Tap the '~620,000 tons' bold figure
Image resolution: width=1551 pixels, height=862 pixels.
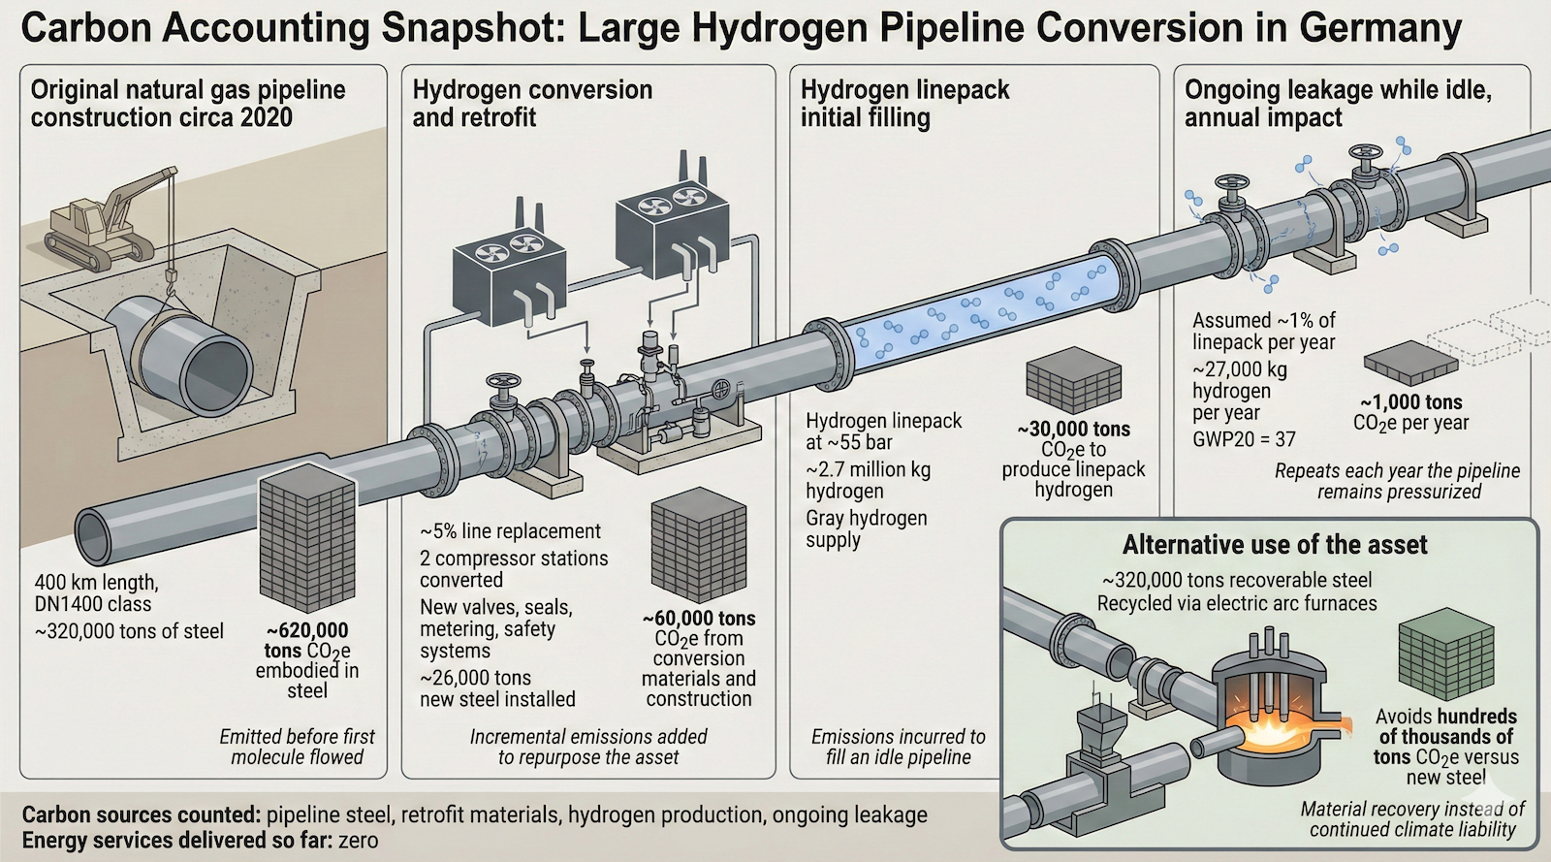coord(306,630)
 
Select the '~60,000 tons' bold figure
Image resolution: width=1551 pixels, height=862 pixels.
coord(698,619)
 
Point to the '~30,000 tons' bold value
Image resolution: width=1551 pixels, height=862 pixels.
coord(1073,429)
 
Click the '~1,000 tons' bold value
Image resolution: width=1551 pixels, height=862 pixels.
coord(1410,402)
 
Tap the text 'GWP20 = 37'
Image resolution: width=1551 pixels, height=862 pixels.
coord(1244,439)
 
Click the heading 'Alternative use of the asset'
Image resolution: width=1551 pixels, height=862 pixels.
coord(1274,545)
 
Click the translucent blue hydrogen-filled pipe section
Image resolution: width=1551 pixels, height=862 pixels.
coord(979,308)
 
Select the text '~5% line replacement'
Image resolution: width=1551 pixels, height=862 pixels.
coord(510,531)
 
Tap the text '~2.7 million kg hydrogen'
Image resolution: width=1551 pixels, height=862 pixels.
coord(868,480)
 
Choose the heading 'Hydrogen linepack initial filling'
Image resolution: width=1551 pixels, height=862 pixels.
coord(904,104)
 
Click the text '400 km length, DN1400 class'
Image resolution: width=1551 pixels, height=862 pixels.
coord(96,592)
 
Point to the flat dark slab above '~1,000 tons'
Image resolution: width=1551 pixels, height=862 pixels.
coord(1410,364)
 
